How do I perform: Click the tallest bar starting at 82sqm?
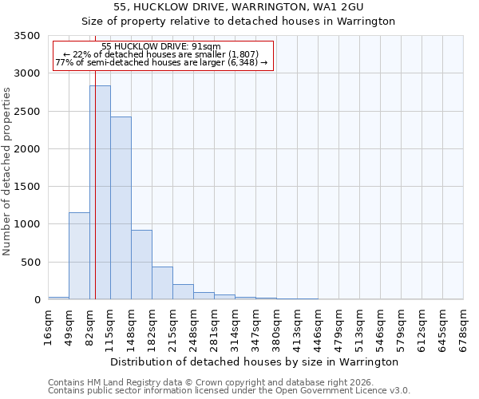[100, 192]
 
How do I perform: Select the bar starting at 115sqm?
[121, 207]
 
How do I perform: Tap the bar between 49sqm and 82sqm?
[79, 255]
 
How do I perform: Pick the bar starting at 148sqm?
[141, 264]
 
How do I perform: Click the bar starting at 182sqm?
[162, 282]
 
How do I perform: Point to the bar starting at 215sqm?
[183, 291]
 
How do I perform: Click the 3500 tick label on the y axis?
[26, 37]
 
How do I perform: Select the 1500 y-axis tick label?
[26, 187]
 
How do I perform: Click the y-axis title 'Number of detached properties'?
[7, 172]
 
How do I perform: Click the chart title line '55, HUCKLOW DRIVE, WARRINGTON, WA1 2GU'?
[239, 7]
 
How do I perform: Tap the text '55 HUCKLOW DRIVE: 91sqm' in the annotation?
[161, 47]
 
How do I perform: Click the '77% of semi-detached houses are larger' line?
[161, 63]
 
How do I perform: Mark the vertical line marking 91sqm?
[95, 199]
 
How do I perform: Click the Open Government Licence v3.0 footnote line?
[229, 391]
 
